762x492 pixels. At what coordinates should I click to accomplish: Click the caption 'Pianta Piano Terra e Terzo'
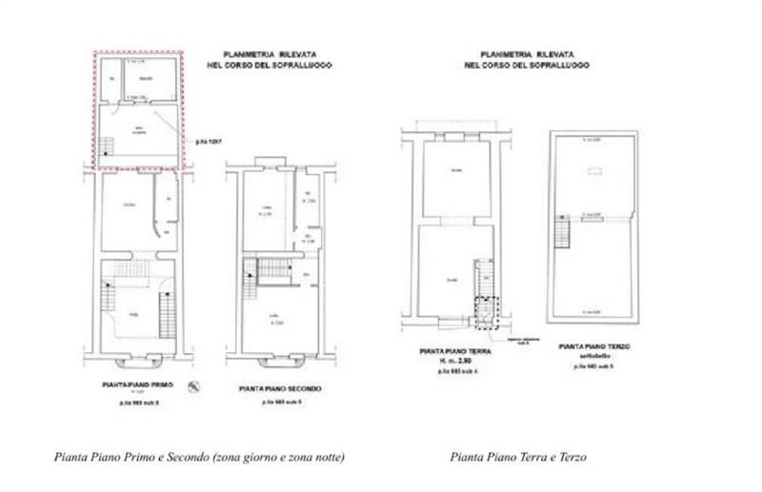pos(518,458)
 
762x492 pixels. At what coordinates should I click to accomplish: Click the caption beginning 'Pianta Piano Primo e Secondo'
pos(198,458)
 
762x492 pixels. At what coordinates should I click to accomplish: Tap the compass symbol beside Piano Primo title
pos(194,385)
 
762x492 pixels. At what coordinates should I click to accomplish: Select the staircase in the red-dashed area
pos(106,148)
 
